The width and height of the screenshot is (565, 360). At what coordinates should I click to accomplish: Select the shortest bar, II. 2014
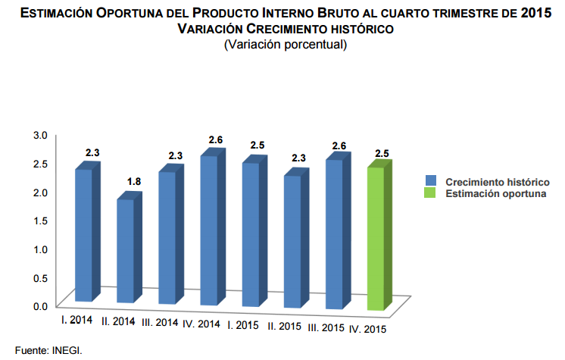[125, 250]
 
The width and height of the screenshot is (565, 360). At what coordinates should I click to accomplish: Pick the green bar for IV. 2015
[376, 239]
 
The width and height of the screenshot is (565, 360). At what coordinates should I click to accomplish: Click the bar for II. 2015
[292, 241]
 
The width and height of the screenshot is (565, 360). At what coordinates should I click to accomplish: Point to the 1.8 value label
[134, 181]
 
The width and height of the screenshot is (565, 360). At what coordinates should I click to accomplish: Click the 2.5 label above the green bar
[382, 155]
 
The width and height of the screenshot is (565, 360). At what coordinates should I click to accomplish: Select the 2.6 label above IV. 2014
[216, 140]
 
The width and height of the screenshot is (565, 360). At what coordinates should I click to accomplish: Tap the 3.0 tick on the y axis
[40, 135]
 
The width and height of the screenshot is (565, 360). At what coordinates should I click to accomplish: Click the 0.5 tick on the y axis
[40, 277]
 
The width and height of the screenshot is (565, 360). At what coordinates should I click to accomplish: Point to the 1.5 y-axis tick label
[40, 221]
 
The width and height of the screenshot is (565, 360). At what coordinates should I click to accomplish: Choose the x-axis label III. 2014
[159, 323]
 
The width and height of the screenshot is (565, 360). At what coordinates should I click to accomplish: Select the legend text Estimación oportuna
[495, 194]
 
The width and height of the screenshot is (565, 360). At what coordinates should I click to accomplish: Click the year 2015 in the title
[534, 14]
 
